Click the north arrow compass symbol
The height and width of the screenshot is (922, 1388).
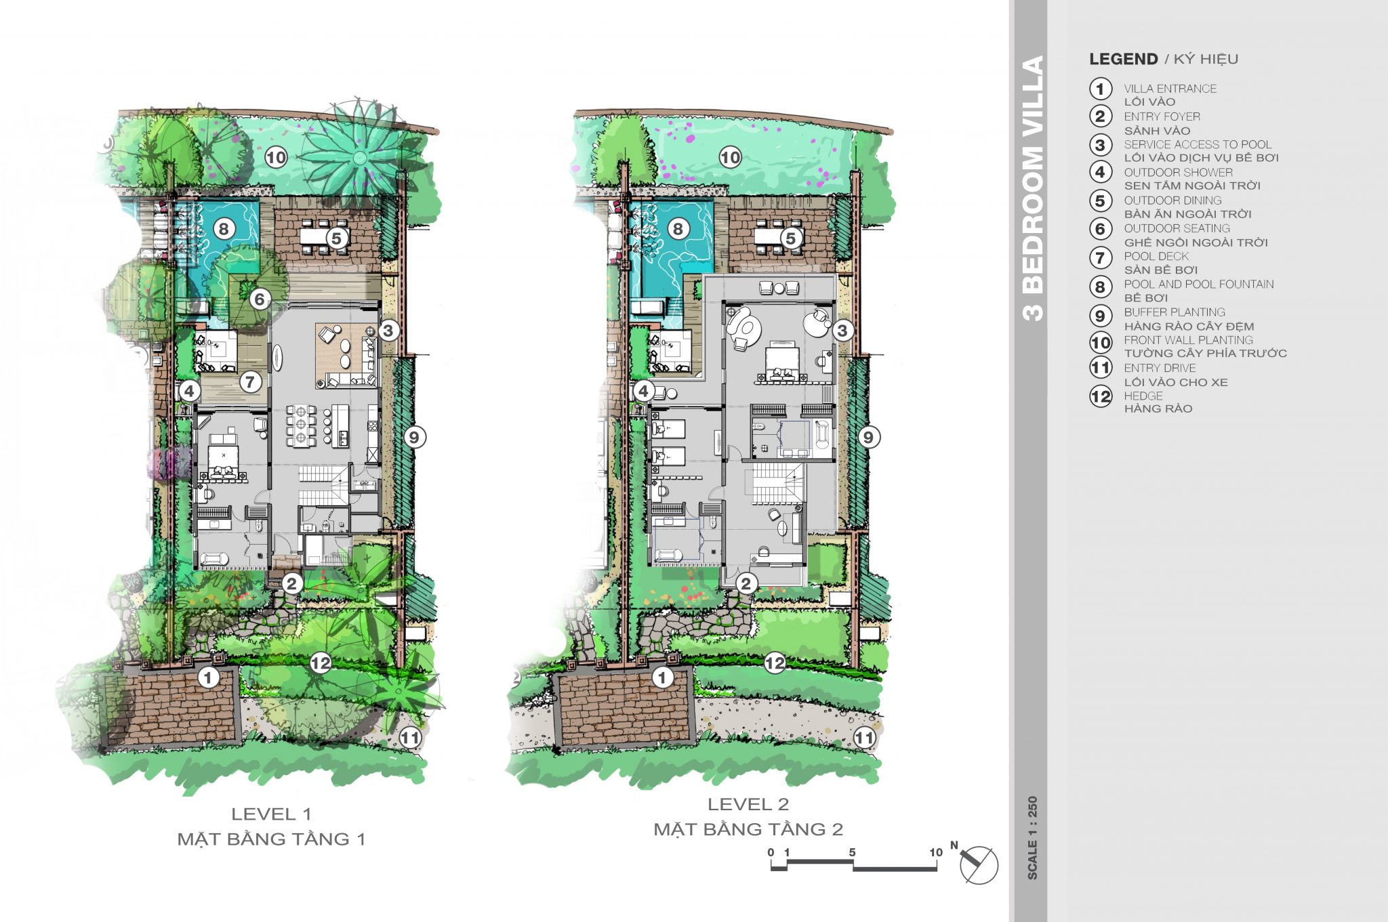point(979,864)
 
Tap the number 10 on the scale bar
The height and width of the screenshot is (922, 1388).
point(936,852)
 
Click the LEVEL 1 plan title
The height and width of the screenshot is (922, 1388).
point(271,814)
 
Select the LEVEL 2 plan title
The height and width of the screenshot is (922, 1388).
point(748,804)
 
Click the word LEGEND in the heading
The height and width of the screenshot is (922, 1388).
point(1123,59)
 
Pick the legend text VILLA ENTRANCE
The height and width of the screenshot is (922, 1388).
point(1170,89)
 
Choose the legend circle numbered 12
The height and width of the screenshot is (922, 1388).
point(1101,396)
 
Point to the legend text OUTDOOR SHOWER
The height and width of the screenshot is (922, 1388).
point(1178,173)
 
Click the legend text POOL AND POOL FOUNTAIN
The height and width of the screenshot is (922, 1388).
point(1199,285)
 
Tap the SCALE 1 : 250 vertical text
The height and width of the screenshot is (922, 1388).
point(1032,837)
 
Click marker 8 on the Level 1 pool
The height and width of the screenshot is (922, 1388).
point(224,229)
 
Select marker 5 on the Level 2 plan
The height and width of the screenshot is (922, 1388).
point(790,238)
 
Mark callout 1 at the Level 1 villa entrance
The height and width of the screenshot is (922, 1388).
point(208,677)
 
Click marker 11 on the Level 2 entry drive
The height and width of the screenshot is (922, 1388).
point(864,737)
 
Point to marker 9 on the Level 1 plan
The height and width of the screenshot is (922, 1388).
point(414,437)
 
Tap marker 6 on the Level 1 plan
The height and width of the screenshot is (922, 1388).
point(260,299)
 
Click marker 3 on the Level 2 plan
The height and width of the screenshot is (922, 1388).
point(842,331)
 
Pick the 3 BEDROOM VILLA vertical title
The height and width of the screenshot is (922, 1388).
point(1032,188)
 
